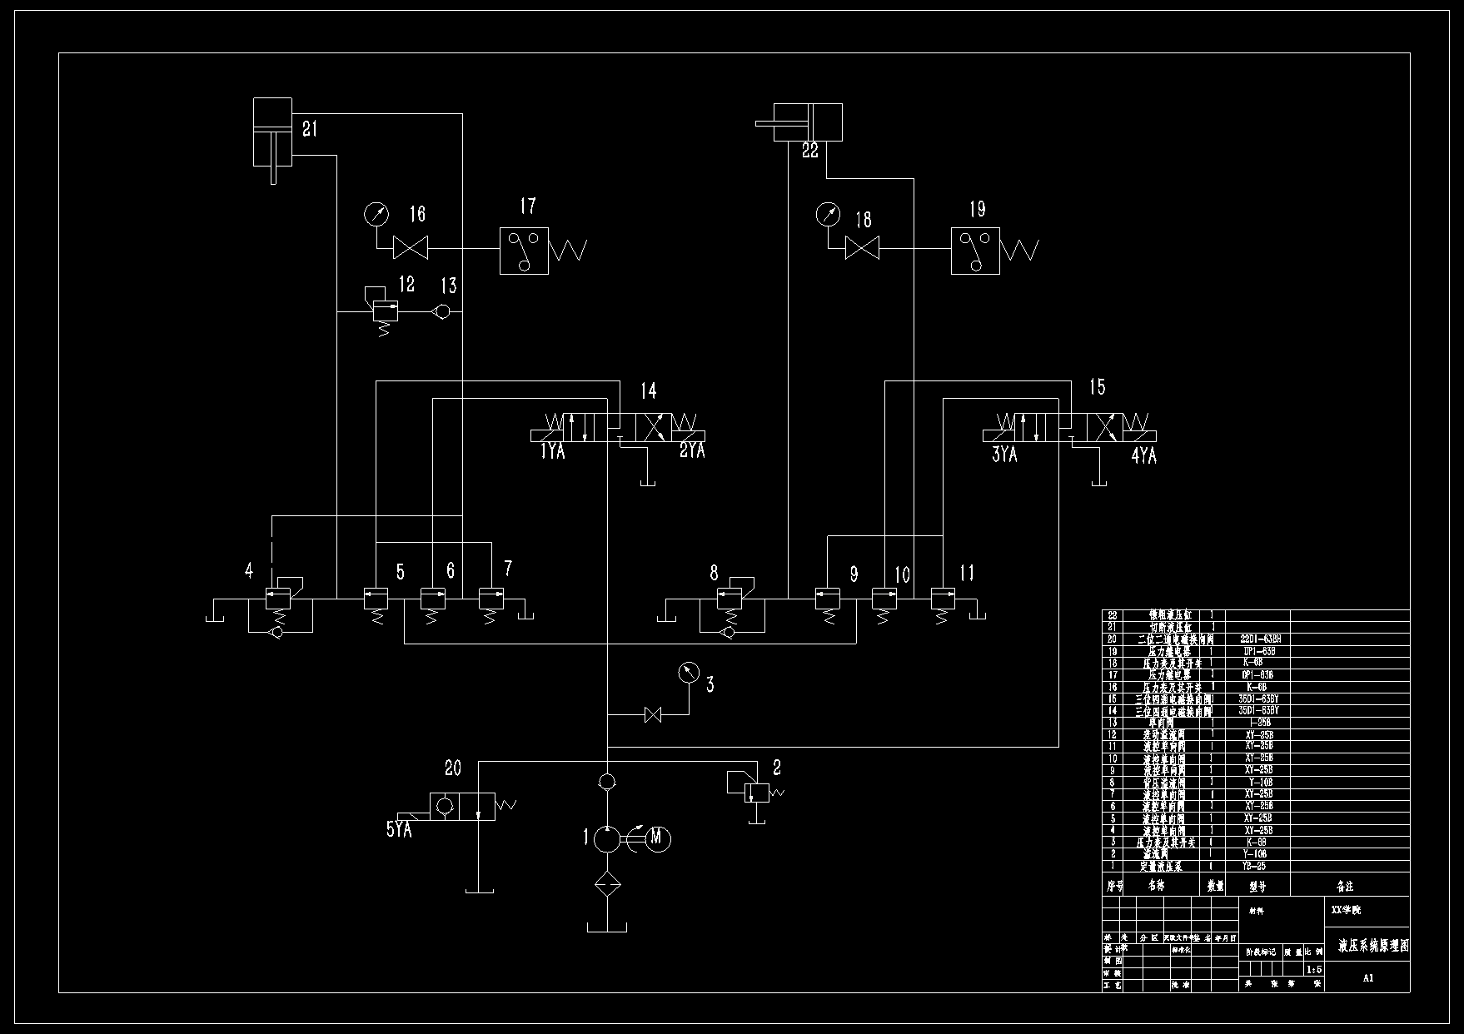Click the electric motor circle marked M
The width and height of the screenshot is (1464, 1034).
click(x=656, y=838)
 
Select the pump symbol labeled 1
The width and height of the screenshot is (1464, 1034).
click(x=607, y=838)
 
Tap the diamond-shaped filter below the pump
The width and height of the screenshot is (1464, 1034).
click(x=607, y=884)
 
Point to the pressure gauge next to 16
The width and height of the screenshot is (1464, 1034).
click(x=376, y=215)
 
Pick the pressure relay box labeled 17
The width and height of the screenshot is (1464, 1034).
click(x=524, y=251)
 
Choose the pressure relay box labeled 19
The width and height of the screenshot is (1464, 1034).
click(x=975, y=251)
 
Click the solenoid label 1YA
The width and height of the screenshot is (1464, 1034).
click(x=552, y=452)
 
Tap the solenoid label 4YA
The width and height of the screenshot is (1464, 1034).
click(x=1143, y=456)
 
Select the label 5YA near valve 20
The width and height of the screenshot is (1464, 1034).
click(x=399, y=829)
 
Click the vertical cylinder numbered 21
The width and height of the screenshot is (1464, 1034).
click(x=272, y=132)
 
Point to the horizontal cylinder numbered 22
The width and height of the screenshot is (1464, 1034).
click(x=808, y=122)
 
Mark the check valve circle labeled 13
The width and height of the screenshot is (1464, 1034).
click(x=442, y=311)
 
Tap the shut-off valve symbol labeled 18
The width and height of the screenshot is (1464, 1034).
click(x=863, y=247)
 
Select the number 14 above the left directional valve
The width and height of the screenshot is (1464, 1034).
click(x=648, y=390)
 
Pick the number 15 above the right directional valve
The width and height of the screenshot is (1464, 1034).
click(x=1098, y=387)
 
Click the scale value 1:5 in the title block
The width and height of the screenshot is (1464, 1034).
click(x=1314, y=969)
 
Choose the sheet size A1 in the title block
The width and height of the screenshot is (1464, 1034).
click(x=1367, y=978)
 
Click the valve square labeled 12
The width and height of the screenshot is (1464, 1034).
click(x=385, y=311)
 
